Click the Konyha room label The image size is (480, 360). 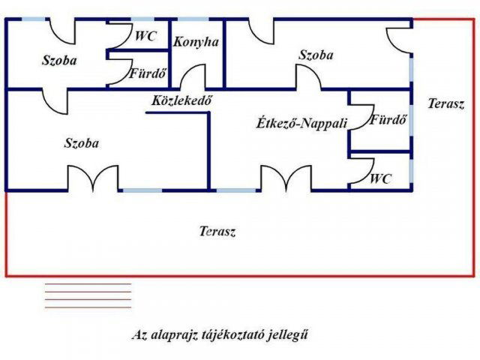point(196,42)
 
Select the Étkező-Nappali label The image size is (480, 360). point(301,123)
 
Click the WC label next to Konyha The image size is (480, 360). point(145,35)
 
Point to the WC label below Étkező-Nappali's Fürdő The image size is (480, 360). point(381,178)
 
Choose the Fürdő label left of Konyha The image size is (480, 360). point(148,74)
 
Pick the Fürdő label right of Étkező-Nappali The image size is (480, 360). point(388,118)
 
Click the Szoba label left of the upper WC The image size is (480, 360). point(59,60)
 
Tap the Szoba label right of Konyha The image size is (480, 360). point(316,55)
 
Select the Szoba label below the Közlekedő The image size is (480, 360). point(82,142)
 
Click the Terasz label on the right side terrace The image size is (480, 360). point(446,104)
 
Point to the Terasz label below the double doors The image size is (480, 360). point(217,231)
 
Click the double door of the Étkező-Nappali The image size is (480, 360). point(286,178)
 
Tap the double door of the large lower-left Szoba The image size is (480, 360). point(93,178)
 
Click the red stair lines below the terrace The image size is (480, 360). point(88,295)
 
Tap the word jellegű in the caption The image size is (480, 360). point(287,335)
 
